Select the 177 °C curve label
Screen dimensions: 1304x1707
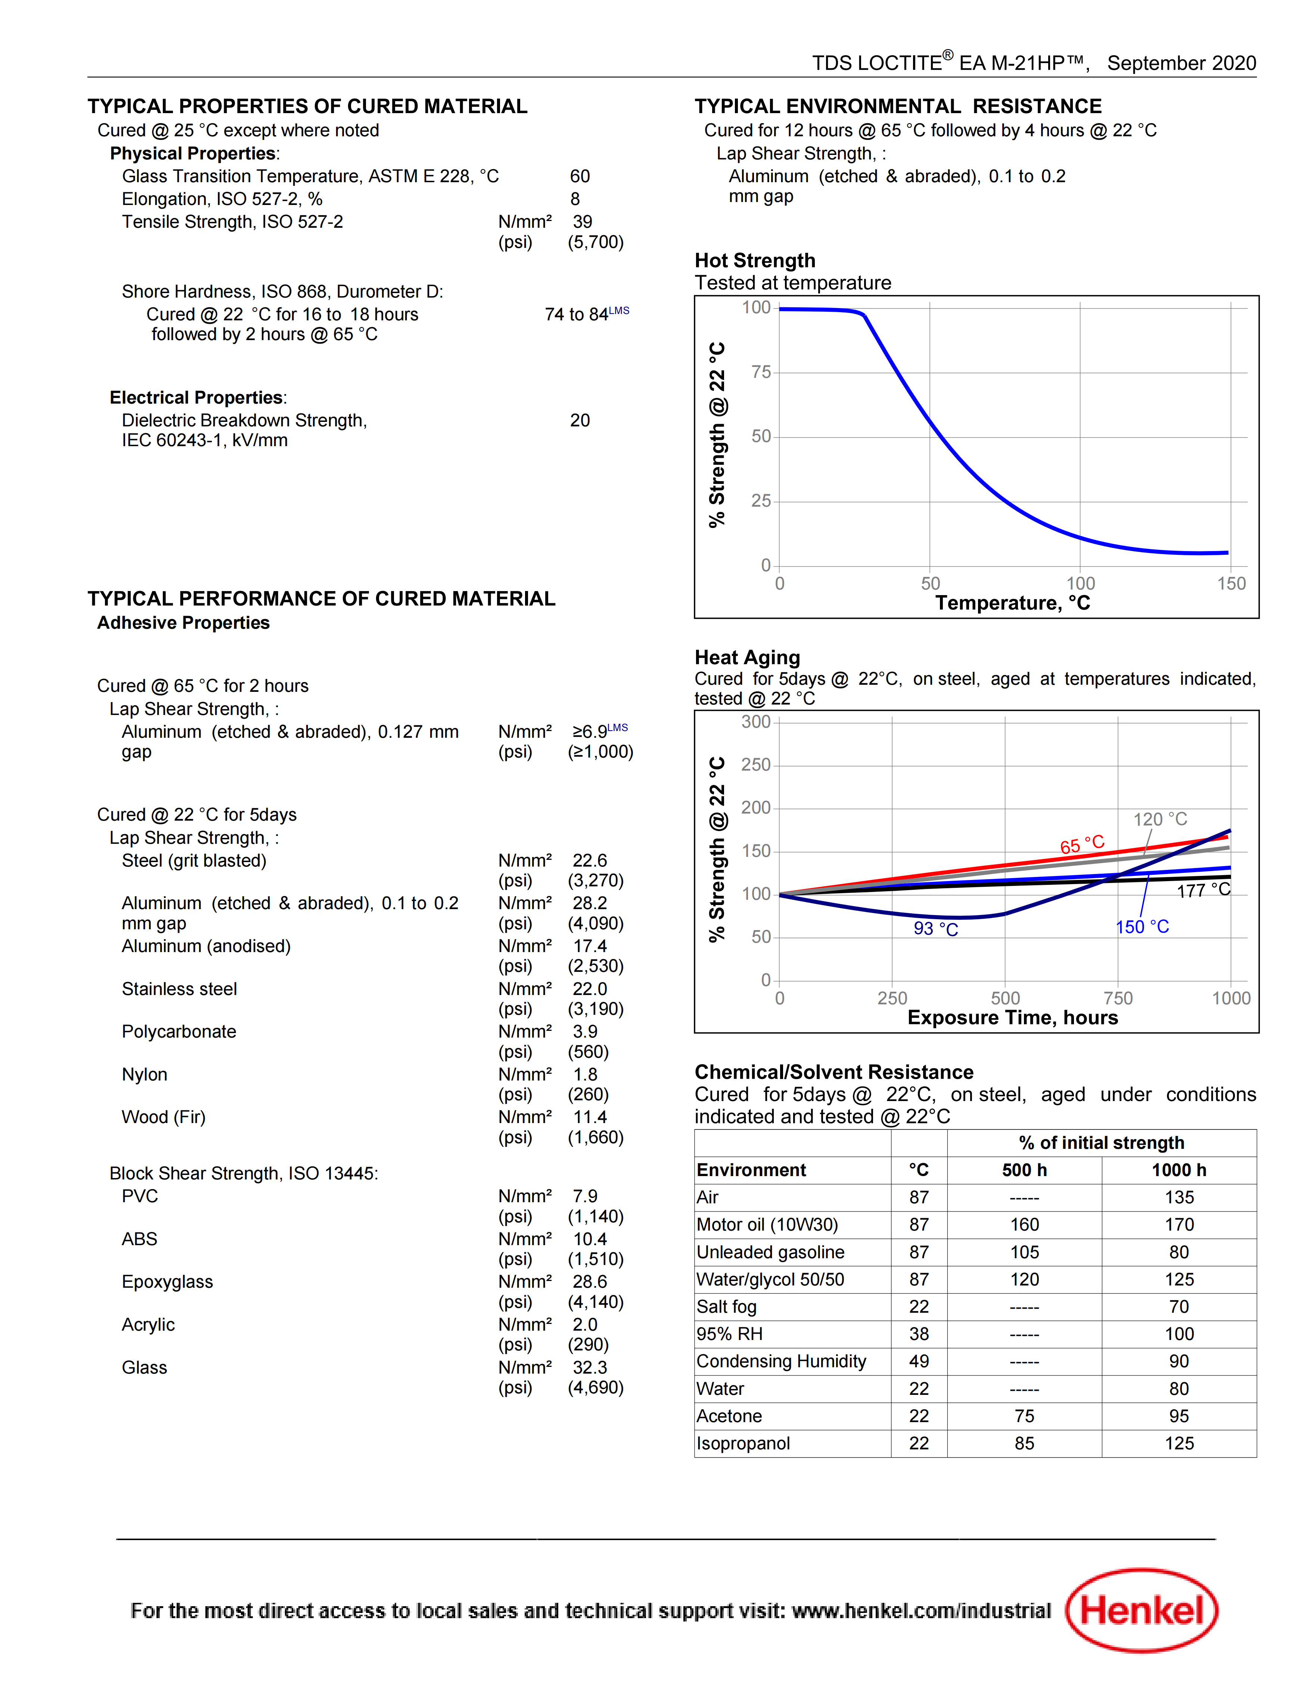pos(1203,890)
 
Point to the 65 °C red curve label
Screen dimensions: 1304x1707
pos(1082,845)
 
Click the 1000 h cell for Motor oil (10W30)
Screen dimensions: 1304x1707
pos(1179,1224)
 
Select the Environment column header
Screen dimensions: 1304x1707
pos(751,1170)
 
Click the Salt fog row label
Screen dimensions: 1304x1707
pos(727,1307)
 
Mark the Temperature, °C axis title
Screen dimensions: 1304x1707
pos(1013,603)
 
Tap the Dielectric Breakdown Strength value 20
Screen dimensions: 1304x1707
pos(580,420)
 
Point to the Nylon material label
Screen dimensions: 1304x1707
pos(145,1075)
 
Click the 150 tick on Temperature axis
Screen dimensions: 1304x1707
pos(1231,584)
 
